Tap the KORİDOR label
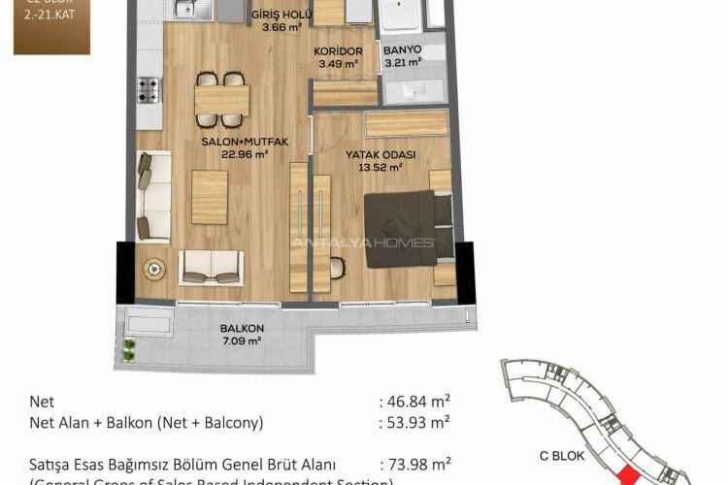point(339,51)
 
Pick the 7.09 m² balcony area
point(242,340)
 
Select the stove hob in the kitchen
point(149,91)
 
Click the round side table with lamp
point(153,269)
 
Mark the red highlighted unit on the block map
point(629,474)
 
